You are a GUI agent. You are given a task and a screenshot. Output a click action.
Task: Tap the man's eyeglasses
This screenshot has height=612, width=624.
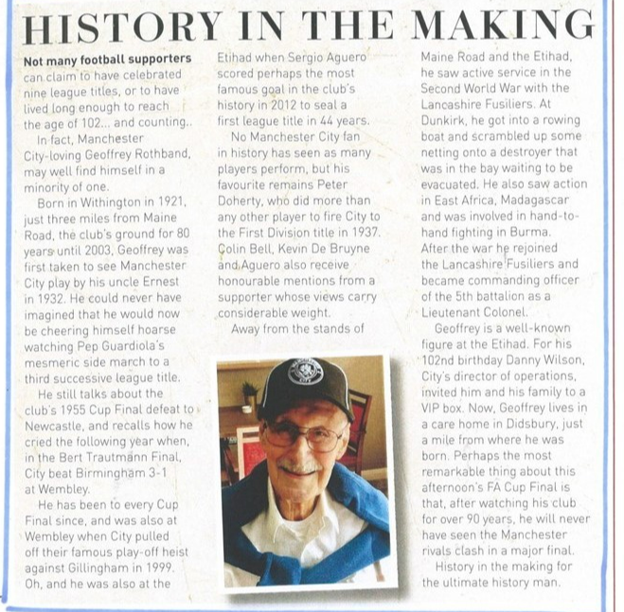click(303, 437)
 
